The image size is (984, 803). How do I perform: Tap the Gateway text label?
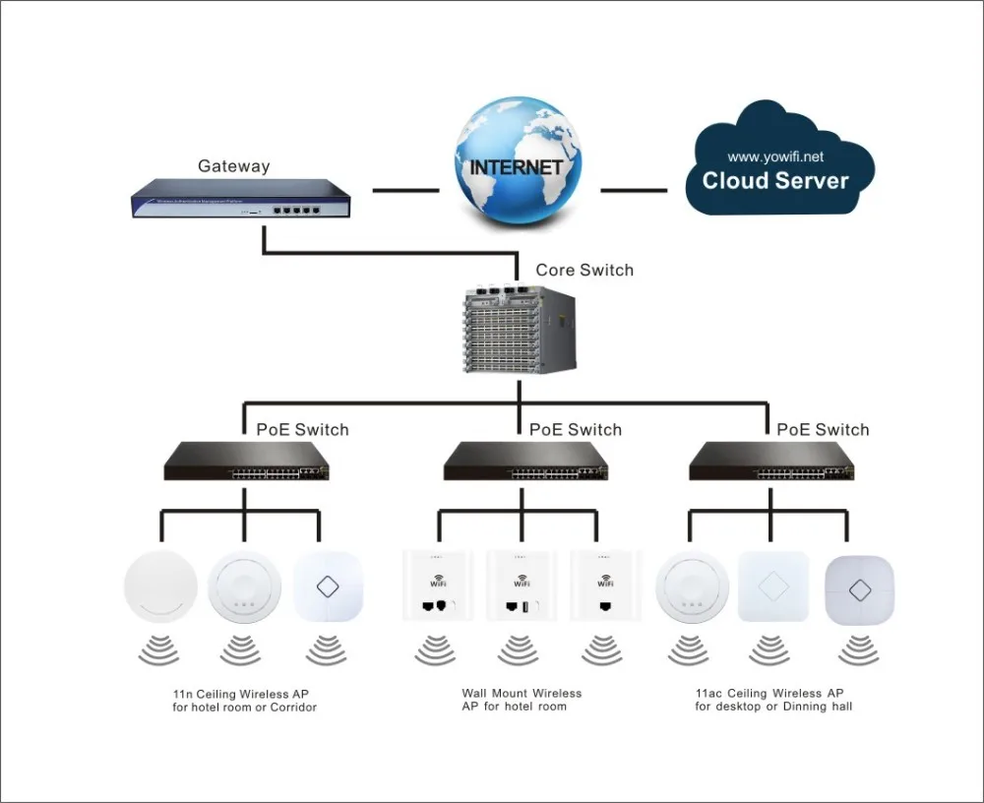pos(233,166)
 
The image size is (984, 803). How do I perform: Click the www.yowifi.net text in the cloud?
pos(775,156)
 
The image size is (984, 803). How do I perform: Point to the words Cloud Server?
pos(775,181)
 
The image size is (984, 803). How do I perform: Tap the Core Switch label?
pos(584,270)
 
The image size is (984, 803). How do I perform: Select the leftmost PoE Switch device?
pos(245,461)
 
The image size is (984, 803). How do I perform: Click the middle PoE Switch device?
pos(524,461)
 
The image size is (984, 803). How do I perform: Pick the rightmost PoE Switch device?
pos(770,461)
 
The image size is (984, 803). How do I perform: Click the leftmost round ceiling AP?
pos(160,588)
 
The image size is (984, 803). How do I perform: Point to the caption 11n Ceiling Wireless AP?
pos(245,700)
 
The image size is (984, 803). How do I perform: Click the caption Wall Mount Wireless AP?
pos(522,700)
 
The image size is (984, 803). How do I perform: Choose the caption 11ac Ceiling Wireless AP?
pos(773,700)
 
